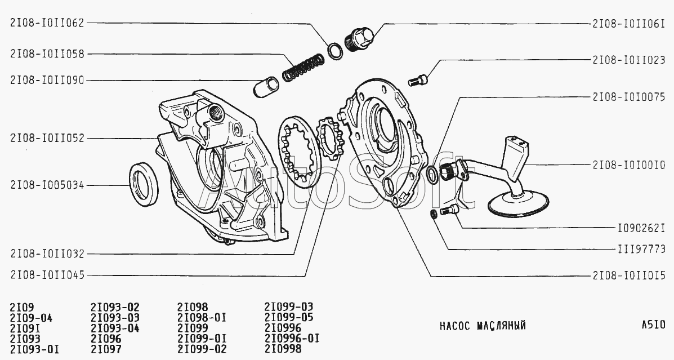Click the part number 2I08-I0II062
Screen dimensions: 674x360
pos(47,24)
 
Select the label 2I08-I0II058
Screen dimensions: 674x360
pos(47,54)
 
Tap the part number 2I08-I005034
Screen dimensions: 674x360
pos(47,185)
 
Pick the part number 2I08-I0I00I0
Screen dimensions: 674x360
pos(628,165)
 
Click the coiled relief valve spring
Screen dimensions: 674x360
pos(303,66)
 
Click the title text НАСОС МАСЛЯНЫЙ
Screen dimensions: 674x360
pos(482,326)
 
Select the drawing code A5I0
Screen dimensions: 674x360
pos(653,325)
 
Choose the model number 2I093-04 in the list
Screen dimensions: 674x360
pos(115,328)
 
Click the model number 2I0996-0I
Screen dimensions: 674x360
pos(292,338)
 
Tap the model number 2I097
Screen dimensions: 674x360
pos(106,349)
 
